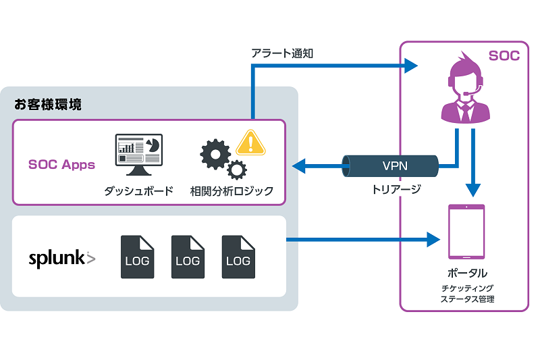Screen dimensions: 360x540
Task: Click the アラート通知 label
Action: click(x=281, y=53)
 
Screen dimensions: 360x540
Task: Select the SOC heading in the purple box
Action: click(x=504, y=56)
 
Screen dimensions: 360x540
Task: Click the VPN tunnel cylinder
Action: click(x=389, y=165)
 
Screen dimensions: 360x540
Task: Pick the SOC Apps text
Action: click(x=61, y=164)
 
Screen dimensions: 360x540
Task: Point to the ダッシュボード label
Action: click(x=138, y=191)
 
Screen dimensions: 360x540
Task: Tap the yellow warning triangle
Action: click(x=251, y=142)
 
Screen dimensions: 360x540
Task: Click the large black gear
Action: click(x=215, y=155)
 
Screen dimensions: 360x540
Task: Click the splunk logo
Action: click(x=61, y=258)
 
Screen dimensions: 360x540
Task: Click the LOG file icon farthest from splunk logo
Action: click(x=238, y=257)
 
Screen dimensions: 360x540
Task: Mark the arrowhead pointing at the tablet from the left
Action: click(x=433, y=239)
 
